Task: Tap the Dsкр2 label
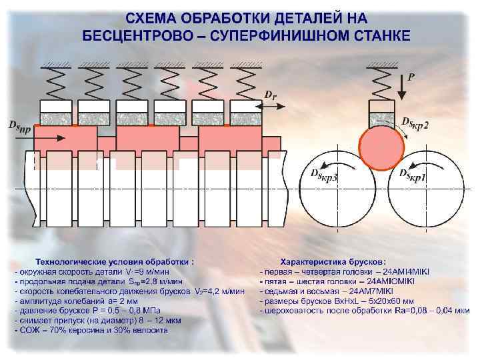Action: point(415,123)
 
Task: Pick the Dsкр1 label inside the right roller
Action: point(413,174)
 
